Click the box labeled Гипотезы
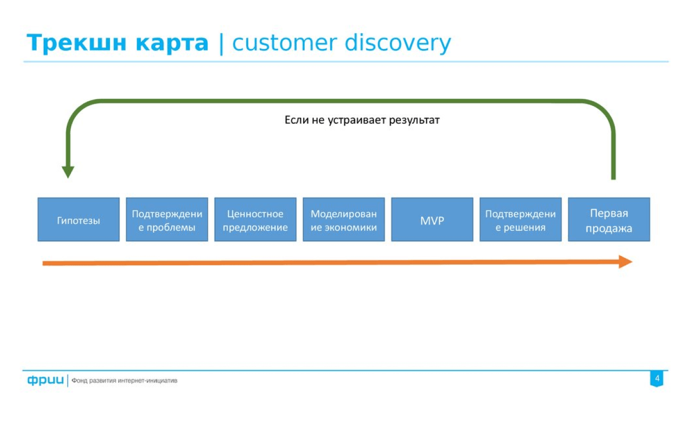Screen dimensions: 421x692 pos(78,219)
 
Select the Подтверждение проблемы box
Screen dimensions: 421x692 pos(167,219)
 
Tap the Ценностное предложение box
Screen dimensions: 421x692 pos(255,219)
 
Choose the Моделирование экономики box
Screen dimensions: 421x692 pos(343,219)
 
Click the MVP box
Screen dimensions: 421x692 pos(432,219)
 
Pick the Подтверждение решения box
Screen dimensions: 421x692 pos(520,219)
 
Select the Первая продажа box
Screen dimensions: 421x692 pos(609,219)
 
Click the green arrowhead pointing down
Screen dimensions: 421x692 pos(68,172)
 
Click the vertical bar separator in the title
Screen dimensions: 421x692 pos(221,44)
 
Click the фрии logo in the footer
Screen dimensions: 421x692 pos(45,380)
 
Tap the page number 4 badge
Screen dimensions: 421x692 pos(656,379)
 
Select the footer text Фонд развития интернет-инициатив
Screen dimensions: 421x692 pos(125,381)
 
